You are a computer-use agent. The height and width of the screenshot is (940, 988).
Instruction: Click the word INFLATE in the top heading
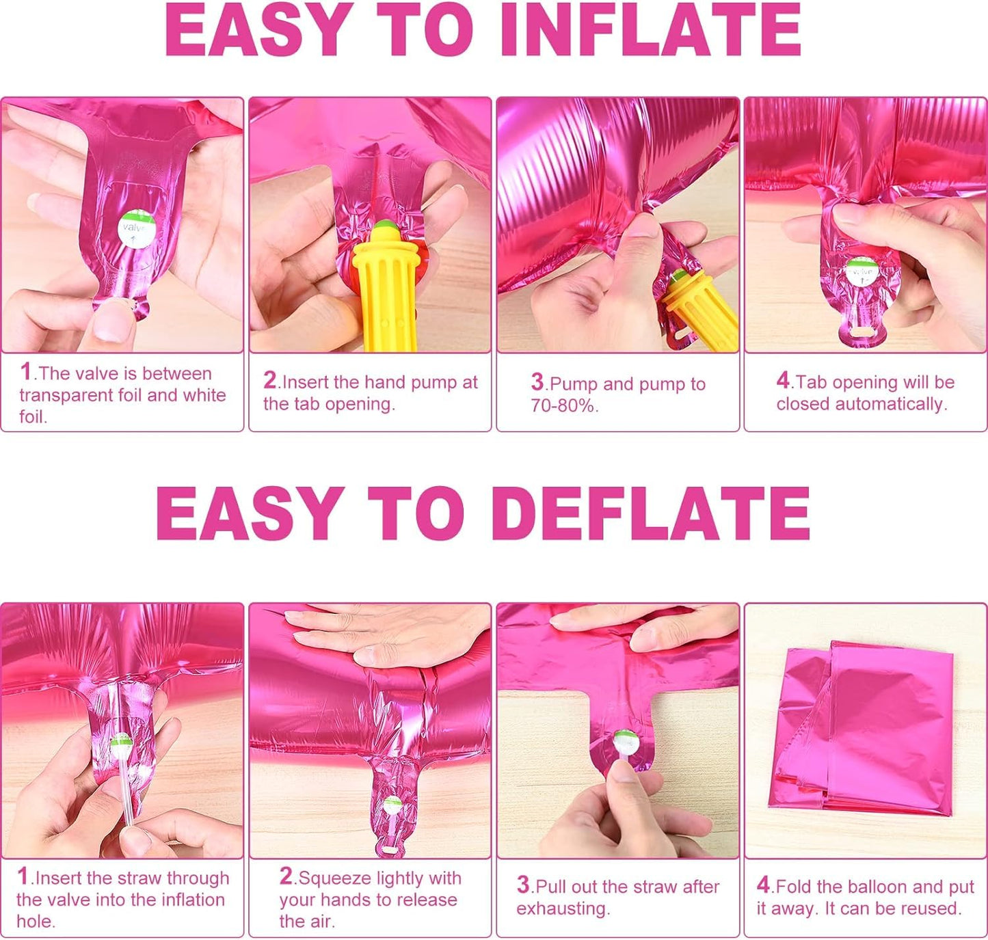[657, 30]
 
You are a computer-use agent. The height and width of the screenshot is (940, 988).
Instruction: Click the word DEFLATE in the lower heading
[655, 513]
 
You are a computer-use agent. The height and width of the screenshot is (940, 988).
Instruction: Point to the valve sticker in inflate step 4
[862, 272]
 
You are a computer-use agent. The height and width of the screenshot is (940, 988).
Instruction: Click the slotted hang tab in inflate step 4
[862, 332]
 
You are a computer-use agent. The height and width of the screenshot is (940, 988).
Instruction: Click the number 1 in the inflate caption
[25, 372]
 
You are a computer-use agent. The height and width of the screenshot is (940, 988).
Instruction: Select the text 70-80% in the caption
[564, 405]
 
